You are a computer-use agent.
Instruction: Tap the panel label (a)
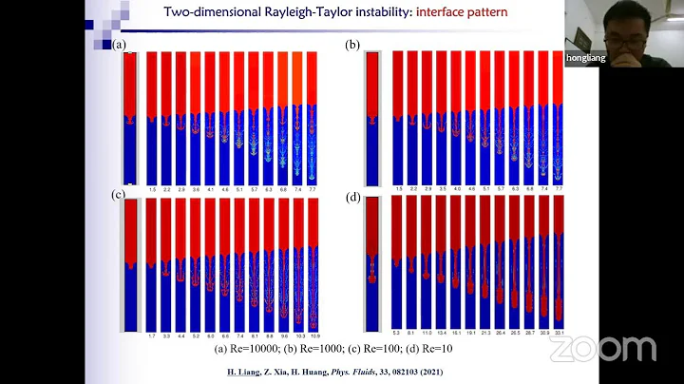click(119, 45)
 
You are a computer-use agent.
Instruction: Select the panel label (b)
click(351, 45)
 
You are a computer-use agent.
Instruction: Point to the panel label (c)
click(119, 195)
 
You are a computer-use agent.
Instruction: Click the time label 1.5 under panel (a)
click(151, 190)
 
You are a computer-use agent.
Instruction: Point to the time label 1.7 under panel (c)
click(152, 336)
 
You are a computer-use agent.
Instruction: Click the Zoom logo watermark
click(602, 349)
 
